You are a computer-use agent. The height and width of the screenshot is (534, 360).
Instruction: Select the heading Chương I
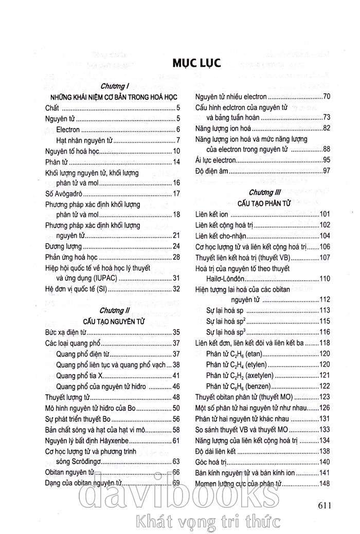(114, 87)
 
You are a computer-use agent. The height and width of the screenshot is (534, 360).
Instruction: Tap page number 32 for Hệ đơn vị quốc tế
(175, 289)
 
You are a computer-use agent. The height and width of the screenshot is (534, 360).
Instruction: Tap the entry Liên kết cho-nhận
(221, 235)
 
